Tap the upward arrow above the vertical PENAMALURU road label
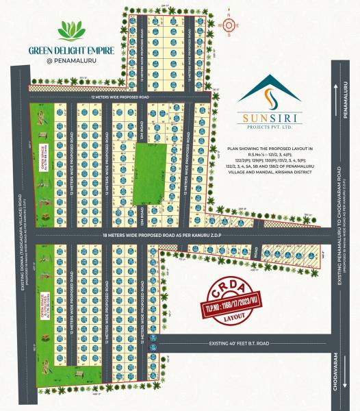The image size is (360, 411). pos(340,86)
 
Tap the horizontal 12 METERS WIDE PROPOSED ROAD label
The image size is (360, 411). pos(120,98)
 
